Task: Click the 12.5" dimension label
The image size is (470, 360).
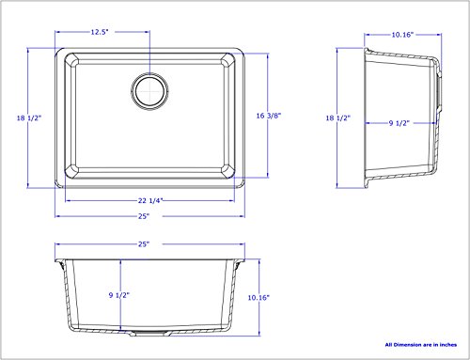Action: pos(100,32)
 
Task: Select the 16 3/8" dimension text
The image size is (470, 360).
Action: pos(269,116)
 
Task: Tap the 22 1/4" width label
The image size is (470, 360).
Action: pos(150,200)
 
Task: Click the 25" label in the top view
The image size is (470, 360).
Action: pos(144,216)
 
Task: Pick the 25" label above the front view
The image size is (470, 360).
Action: pos(144,244)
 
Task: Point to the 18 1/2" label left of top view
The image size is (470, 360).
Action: pos(29,118)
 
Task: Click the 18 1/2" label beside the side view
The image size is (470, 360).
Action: pos(337,118)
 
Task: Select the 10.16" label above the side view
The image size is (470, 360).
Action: pos(402,35)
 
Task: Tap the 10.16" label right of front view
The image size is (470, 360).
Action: pos(258,298)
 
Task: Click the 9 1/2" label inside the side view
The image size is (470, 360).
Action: pos(399,123)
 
